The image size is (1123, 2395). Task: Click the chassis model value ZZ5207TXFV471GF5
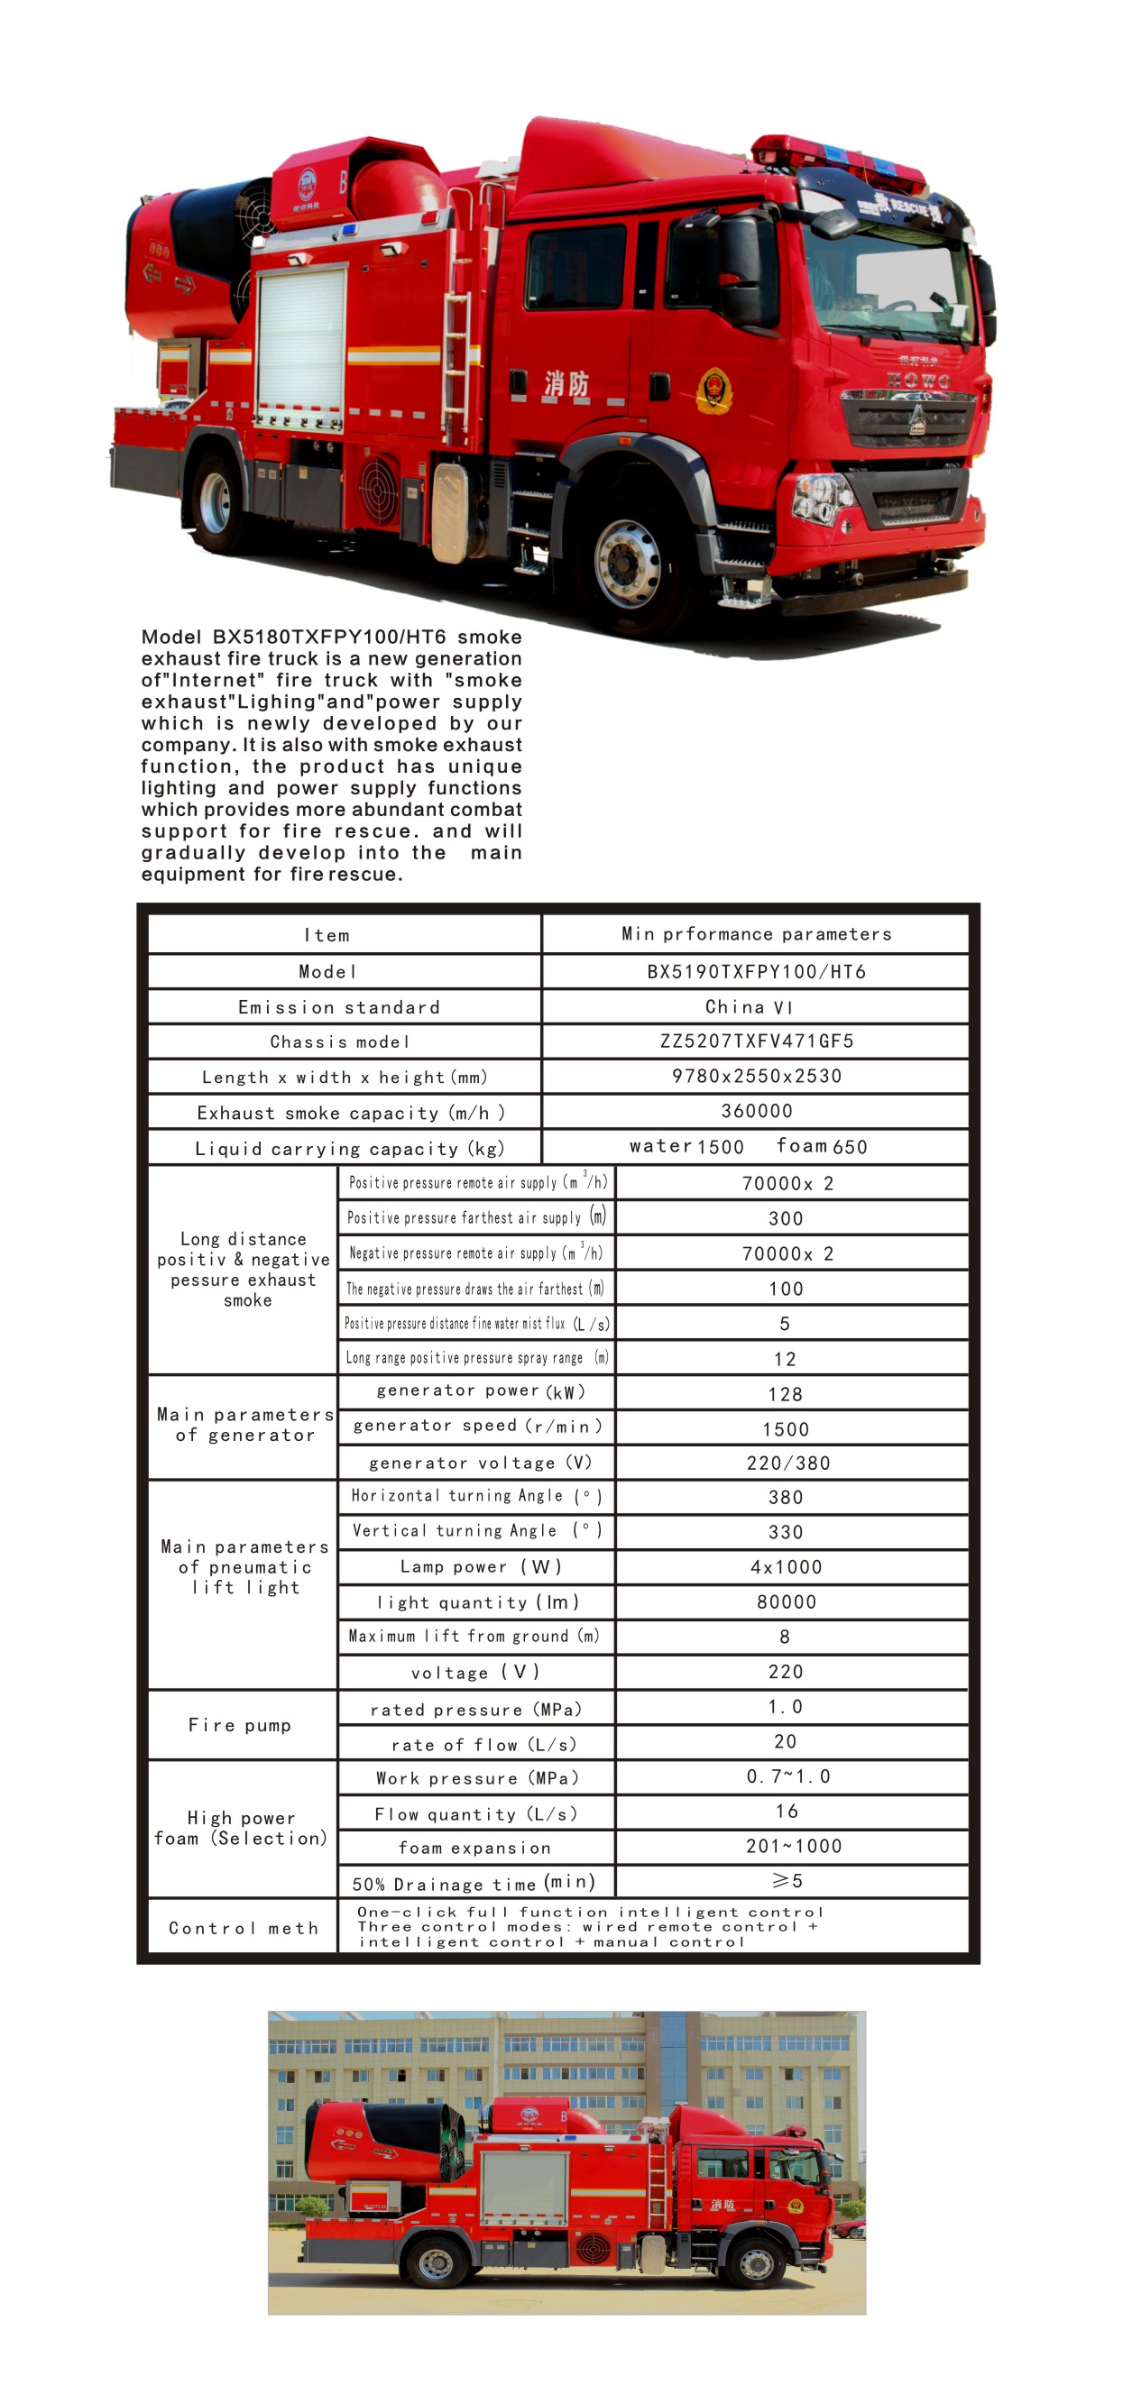(756, 1041)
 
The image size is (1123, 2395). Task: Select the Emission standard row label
(339, 1007)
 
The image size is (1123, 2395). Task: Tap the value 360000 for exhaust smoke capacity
(756, 1111)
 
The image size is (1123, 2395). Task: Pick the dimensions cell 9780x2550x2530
(756, 1076)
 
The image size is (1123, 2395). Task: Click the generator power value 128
(786, 1394)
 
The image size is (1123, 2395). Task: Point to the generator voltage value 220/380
(788, 1463)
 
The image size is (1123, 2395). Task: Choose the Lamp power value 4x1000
(787, 1566)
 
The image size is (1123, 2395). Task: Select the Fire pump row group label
(240, 1725)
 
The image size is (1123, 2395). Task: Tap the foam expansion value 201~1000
(794, 1846)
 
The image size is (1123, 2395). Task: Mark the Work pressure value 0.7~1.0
(788, 1776)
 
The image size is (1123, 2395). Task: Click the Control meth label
(244, 1927)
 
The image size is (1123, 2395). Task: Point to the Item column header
(327, 935)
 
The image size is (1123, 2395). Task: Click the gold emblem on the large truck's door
(714, 390)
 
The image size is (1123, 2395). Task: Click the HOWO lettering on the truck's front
(918, 380)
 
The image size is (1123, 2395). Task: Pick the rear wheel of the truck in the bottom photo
(436, 2262)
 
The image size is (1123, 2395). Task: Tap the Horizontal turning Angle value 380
(786, 1497)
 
